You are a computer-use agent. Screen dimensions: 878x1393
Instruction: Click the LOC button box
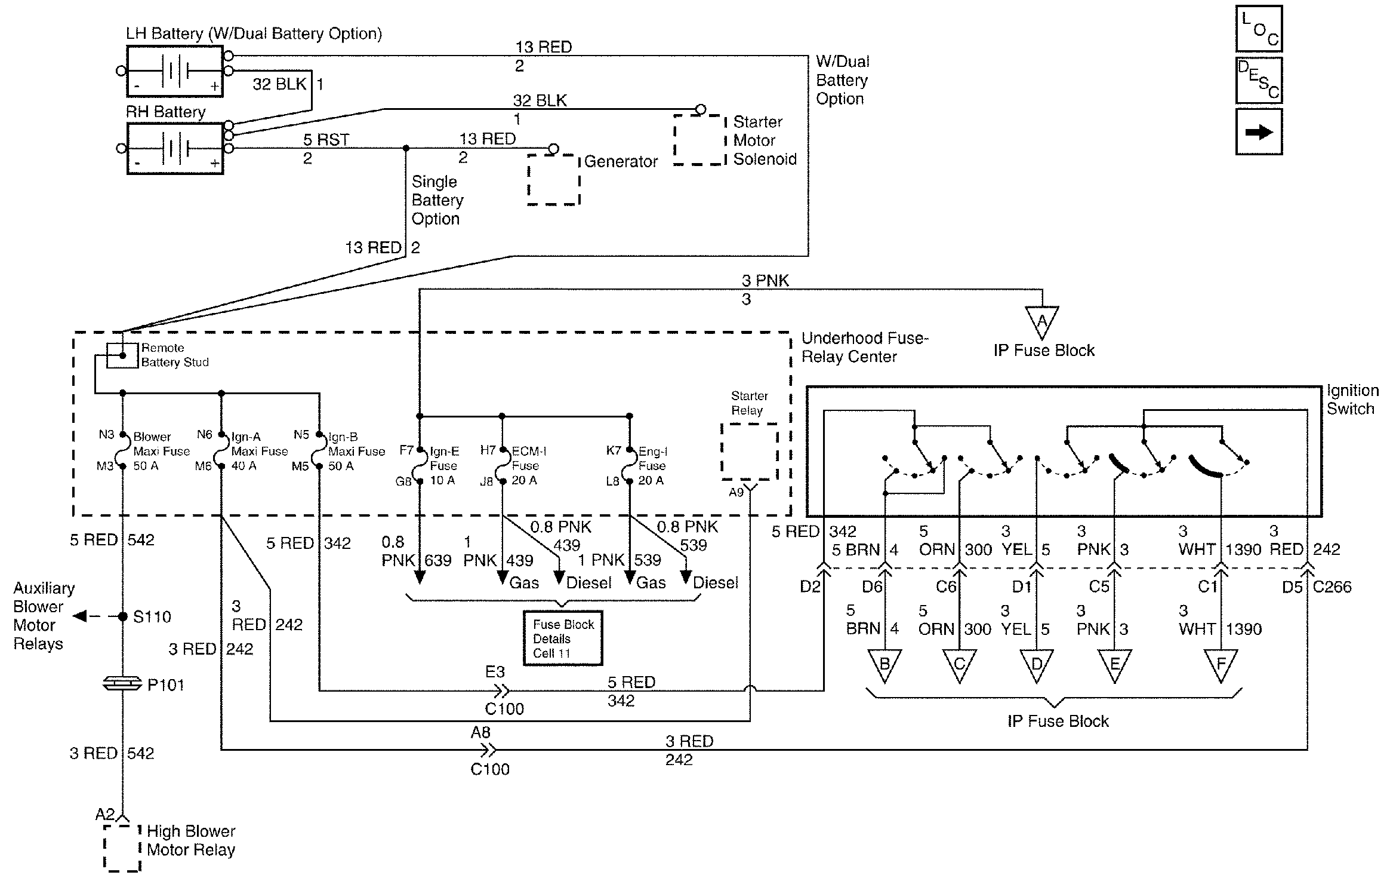point(1259,29)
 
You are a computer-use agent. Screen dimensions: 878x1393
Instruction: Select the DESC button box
point(1259,80)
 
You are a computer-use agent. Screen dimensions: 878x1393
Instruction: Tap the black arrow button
point(1259,132)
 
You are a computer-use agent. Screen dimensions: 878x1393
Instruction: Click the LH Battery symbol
point(175,72)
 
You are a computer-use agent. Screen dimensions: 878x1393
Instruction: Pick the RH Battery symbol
point(175,148)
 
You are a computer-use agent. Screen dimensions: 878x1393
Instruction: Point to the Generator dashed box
point(554,180)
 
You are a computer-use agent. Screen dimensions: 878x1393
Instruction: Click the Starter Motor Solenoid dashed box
point(699,140)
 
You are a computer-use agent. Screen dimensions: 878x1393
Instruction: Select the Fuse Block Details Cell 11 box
point(563,638)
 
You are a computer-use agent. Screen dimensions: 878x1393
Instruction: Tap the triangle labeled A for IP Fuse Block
point(1042,321)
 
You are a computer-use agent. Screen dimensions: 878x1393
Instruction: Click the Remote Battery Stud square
point(122,355)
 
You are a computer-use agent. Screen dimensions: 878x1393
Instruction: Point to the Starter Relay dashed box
point(749,452)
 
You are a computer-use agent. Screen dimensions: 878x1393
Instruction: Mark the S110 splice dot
point(123,616)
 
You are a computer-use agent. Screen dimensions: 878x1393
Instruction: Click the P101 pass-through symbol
point(123,684)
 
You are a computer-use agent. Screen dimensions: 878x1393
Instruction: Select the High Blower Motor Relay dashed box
point(122,848)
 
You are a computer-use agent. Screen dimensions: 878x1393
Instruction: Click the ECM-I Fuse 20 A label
point(529,466)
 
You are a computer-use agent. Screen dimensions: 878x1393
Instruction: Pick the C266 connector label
point(1332,587)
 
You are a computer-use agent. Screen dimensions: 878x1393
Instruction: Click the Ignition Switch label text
point(1352,400)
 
